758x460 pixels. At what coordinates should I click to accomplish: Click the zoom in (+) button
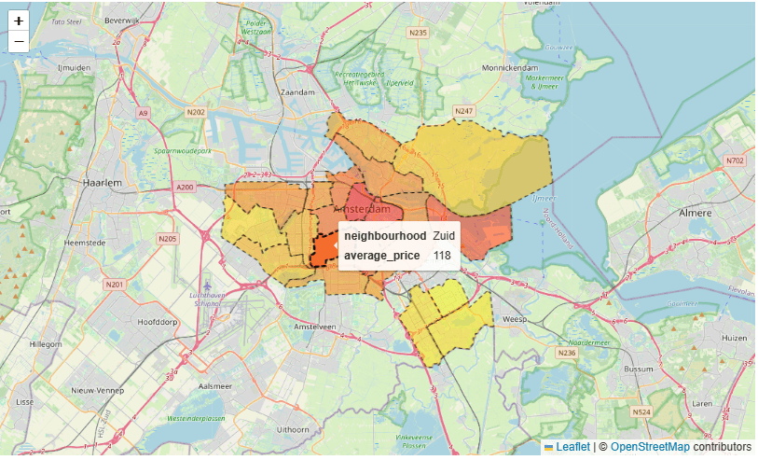tap(19, 21)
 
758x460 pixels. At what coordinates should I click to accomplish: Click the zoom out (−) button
tap(19, 41)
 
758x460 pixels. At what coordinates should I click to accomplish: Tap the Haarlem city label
tap(103, 184)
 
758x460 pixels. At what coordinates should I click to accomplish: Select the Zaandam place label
tap(299, 93)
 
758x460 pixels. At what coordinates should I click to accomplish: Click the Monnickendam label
tap(511, 67)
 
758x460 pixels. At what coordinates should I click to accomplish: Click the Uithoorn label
tap(293, 429)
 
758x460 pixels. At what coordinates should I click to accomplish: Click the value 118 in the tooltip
tap(442, 255)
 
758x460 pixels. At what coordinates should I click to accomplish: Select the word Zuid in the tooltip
tap(444, 236)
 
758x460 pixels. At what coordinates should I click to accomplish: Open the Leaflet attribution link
tap(572, 447)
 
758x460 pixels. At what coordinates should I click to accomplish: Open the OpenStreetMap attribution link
tap(650, 447)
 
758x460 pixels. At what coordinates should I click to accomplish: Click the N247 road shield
tap(463, 112)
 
